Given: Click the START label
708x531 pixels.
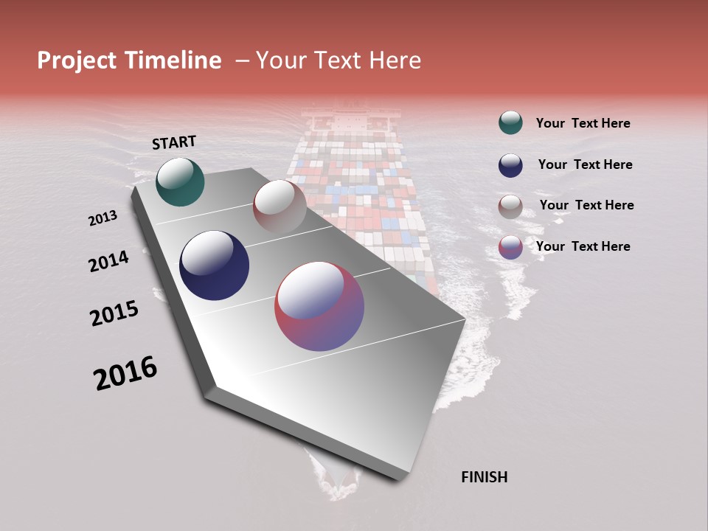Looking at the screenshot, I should point(174,142).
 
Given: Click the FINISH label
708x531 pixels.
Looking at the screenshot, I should point(484,477).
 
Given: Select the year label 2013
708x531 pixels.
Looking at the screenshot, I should point(103,218).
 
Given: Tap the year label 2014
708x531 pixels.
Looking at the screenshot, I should point(109,261).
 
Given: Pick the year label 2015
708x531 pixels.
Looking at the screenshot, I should point(114,313).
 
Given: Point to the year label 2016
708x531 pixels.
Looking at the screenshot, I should point(125,373).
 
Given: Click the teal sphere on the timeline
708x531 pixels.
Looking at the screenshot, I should point(180,181).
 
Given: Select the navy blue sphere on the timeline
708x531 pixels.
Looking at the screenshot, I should point(214,265).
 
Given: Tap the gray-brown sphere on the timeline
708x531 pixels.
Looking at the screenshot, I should point(280,206).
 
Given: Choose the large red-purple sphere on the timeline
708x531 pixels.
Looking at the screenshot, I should point(319,306).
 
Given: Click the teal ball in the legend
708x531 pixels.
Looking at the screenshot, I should point(510,123).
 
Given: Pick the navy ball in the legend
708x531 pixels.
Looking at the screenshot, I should point(510,164).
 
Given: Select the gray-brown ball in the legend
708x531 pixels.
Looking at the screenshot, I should point(510,206).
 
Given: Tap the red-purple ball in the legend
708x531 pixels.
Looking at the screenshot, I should point(510,246).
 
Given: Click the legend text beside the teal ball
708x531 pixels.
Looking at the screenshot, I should point(583,123).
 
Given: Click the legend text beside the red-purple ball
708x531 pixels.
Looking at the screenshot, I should point(583,246).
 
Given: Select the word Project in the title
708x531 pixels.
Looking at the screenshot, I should point(77,60).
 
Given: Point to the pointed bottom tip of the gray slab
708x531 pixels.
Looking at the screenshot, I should point(398,478).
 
